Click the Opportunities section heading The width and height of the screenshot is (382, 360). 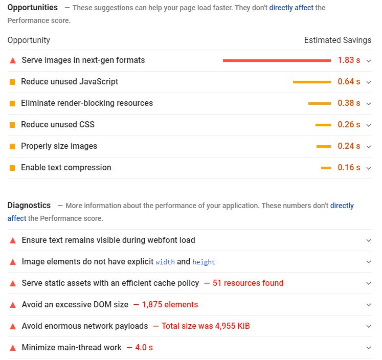(32, 8)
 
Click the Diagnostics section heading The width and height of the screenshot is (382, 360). (29, 205)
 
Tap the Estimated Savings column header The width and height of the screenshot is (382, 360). (338, 40)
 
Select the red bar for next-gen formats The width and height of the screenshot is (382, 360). (277, 60)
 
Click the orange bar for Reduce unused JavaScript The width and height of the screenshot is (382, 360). (311, 82)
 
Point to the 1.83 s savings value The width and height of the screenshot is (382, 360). (349, 60)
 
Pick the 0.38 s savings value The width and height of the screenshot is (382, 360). (349, 103)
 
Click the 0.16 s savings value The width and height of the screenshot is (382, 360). (349, 168)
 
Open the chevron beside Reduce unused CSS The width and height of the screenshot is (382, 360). (369, 125)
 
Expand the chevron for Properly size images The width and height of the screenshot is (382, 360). (369, 147)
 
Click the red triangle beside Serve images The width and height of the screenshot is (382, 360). (13, 60)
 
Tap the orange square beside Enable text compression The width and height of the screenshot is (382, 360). (12, 168)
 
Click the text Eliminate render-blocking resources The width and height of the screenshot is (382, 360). (86, 103)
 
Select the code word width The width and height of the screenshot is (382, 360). (165, 262)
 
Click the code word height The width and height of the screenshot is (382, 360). (204, 262)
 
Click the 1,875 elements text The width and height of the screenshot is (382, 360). (170, 305)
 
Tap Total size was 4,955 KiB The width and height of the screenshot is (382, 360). (206, 326)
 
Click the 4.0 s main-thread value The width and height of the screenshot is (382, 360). (143, 348)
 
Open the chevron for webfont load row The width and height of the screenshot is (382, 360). (369, 240)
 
